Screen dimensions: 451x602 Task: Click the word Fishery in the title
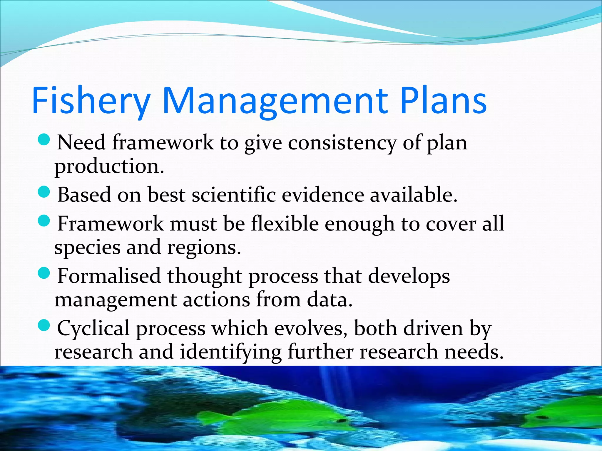click(91, 100)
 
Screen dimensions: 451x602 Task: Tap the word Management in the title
click(275, 100)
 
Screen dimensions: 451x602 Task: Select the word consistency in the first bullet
click(342, 143)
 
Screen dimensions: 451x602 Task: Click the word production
click(109, 166)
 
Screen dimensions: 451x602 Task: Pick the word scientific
click(234, 195)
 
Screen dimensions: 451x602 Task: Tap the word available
click(413, 195)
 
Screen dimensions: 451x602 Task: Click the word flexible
click(285, 224)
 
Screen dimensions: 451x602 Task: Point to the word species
click(87, 248)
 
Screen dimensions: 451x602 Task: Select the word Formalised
click(109, 276)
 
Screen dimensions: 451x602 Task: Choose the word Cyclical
click(93, 328)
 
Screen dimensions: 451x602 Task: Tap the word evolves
click(311, 328)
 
